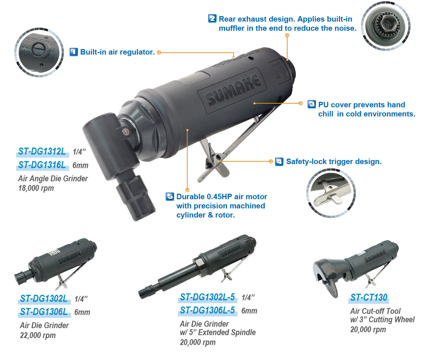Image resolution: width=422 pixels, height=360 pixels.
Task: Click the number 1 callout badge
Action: [74, 52]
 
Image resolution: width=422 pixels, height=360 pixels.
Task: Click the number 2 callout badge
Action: [212, 19]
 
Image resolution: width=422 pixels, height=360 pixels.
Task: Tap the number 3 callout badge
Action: [311, 104]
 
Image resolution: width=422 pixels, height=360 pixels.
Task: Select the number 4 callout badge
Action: [279, 162]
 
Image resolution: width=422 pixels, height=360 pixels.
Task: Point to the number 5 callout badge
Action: [170, 197]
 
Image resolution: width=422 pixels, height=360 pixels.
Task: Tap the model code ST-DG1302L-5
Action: [207, 297]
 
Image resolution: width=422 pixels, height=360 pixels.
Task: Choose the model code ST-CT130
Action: [369, 297]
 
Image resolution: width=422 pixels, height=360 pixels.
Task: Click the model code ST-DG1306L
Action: [44, 312]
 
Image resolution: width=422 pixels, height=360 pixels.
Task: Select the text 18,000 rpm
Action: [36, 189]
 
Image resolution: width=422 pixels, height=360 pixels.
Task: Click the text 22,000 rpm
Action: [38, 335]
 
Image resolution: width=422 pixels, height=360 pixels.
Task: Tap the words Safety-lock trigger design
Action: [334, 162]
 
